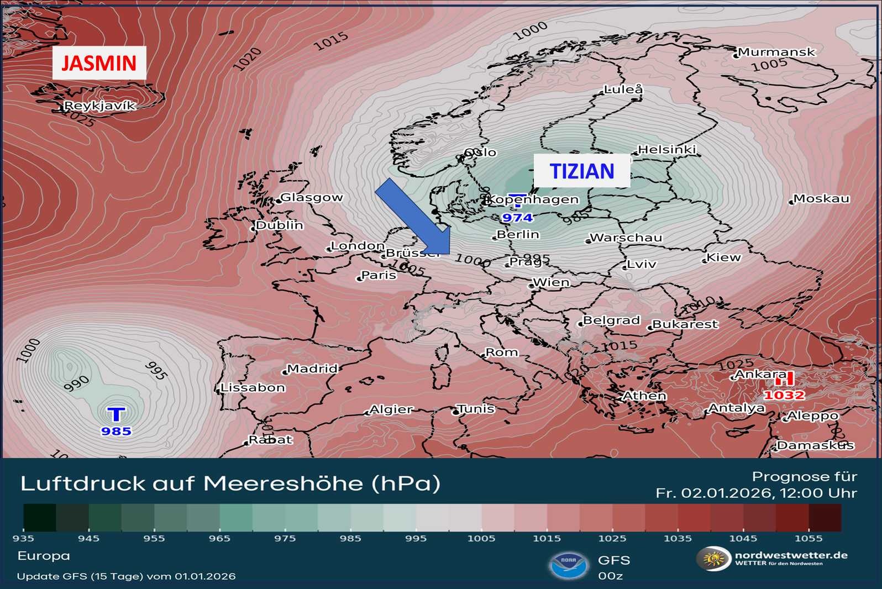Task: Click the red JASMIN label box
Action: pos(99,63)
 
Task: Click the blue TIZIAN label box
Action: pos(581,171)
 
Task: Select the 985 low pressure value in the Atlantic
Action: pos(116,431)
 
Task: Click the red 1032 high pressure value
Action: pos(784,395)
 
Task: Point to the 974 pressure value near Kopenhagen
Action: pos(517,218)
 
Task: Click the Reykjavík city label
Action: pos(100,106)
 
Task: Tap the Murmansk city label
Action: pos(776,52)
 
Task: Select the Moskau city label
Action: pos(821,198)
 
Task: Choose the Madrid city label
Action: pos(312,369)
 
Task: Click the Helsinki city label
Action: pos(667,150)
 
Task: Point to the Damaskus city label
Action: pos(815,445)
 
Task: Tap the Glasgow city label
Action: pos(312,197)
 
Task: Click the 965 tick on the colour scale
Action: pos(219,538)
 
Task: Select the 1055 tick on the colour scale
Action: pos(809,538)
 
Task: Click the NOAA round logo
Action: pos(569,565)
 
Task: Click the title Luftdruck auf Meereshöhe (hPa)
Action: pos(230,483)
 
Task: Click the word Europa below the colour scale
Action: pos(44,556)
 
